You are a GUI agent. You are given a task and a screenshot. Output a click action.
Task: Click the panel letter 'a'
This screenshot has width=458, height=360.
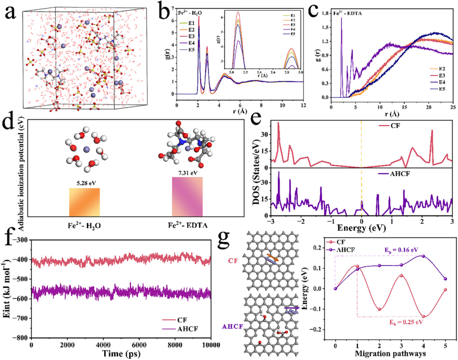[11, 13]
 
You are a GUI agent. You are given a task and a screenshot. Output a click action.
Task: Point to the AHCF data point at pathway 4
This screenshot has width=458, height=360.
[423, 256]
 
